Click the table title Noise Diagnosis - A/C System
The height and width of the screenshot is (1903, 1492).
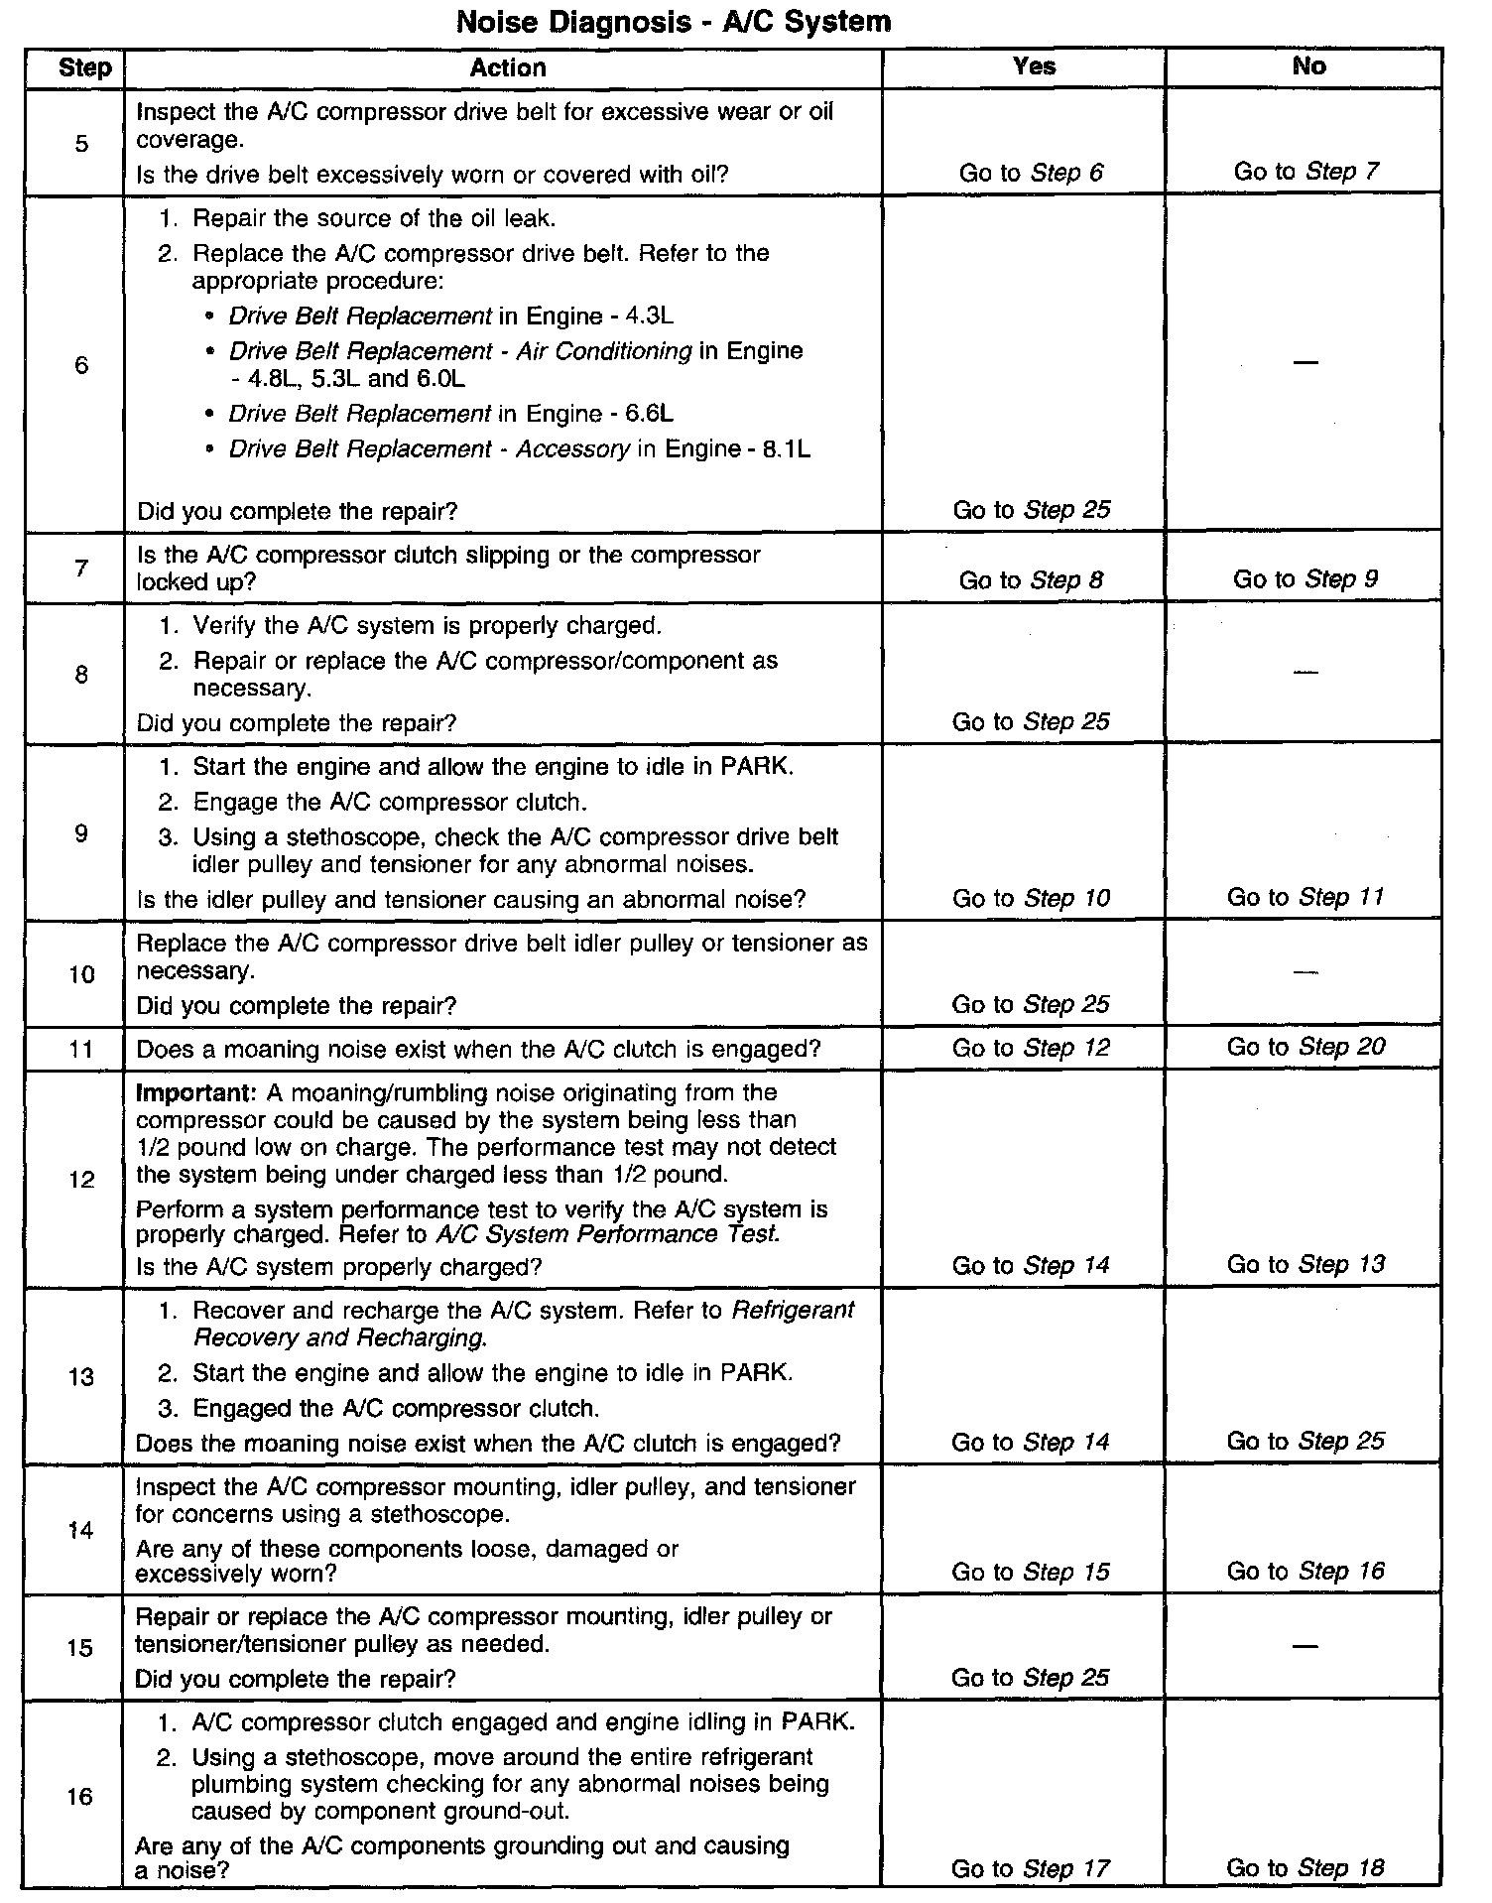673,21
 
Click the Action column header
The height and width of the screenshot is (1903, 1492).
507,67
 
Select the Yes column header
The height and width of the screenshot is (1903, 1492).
1034,65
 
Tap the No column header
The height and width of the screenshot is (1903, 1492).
1308,65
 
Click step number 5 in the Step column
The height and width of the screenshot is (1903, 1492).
80,144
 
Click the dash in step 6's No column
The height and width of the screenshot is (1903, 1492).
1305,362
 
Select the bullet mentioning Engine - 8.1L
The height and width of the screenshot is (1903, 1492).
519,449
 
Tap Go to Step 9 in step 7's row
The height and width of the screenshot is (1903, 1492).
1305,579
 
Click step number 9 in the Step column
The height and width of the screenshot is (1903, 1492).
80,833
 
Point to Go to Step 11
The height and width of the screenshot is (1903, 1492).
1305,897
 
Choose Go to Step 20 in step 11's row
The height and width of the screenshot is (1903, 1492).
1305,1047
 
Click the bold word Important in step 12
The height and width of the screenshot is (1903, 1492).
195,1093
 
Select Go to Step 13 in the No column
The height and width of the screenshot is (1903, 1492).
1305,1264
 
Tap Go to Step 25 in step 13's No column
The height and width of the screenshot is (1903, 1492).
1305,1441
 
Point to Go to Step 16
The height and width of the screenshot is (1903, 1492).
1305,1571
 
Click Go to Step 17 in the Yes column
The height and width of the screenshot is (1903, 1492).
1030,1869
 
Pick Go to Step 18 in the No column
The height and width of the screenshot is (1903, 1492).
1305,1868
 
